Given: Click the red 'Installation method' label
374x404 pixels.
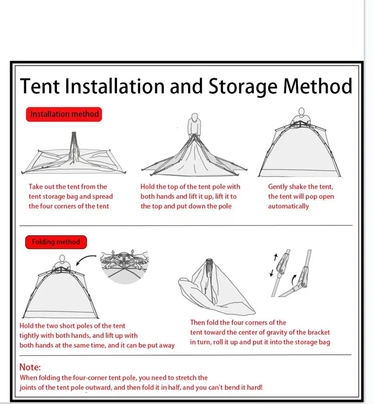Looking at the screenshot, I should (x=64, y=114).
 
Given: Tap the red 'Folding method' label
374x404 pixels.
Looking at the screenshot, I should (x=56, y=242).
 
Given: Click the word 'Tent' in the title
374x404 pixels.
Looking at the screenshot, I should (x=40, y=87).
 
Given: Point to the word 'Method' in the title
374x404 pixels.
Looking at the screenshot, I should (x=318, y=87).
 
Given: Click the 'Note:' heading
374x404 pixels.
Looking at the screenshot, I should (x=30, y=367).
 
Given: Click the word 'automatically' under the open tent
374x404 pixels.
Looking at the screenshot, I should (x=288, y=206).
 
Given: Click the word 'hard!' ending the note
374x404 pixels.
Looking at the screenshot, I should (x=253, y=387).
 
